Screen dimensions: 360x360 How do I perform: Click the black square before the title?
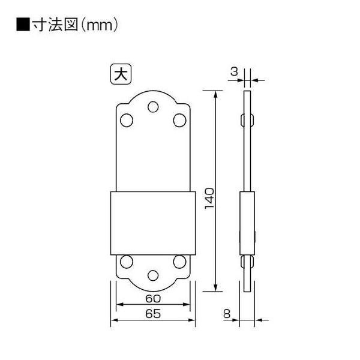[x=23, y=24]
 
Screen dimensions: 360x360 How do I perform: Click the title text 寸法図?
[x=55, y=25]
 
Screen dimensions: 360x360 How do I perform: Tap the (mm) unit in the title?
[x=100, y=25]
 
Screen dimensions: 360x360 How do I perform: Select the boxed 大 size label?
[x=121, y=74]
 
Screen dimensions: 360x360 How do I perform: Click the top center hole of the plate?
[x=153, y=107]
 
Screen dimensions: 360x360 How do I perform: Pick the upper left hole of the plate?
[x=127, y=121]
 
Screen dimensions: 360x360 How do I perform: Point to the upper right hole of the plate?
[x=179, y=121]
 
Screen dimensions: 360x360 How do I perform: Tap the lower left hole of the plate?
[x=127, y=262]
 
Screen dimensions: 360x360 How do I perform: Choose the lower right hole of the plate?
[x=179, y=262]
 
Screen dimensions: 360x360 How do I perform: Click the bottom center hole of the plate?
[x=153, y=275]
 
